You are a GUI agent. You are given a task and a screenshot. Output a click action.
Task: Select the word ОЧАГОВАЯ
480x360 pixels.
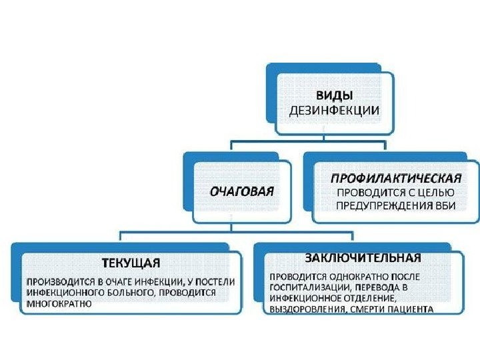click(x=241, y=191)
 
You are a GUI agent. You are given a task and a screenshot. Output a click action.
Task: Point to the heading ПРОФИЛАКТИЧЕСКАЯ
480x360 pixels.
click(x=396, y=178)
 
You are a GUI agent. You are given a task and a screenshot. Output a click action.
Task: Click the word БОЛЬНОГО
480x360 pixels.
click(x=125, y=292)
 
